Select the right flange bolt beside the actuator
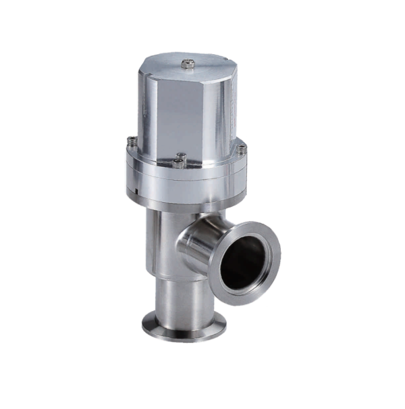pyautogui.click(x=242, y=148)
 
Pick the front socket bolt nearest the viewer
pyautogui.click(x=179, y=162)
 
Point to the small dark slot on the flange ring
pyautogui.click(x=137, y=191)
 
